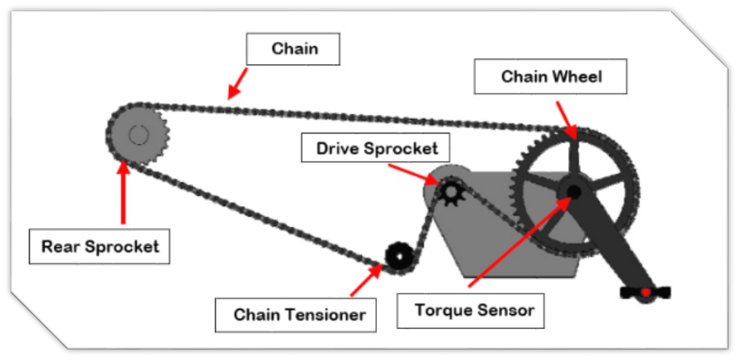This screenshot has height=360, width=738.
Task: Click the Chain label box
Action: (293, 49)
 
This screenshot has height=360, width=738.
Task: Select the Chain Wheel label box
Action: (550, 76)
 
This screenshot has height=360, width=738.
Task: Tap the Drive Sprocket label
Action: (375, 148)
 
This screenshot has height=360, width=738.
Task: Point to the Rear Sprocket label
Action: (99, 246)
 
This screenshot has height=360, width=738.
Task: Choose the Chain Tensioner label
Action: (296, 315)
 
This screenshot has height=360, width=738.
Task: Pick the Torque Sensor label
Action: (470, 311)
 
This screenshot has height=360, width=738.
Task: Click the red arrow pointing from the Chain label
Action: (238, 83)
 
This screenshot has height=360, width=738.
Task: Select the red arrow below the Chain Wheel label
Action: (566, 121)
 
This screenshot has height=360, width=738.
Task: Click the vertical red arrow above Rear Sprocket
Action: (123, 191)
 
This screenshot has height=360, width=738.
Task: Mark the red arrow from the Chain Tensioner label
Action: (367, 280)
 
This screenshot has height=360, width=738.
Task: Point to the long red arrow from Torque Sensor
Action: (519, 241)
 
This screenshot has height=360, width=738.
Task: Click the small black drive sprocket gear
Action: (451, 191)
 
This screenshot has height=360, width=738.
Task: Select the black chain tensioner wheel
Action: (399, 257)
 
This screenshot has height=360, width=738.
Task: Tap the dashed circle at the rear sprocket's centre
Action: (139, 136)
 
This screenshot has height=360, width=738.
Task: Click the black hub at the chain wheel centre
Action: (573, 191)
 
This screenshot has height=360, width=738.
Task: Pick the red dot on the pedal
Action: (646, 292)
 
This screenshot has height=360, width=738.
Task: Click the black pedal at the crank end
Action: (646, 293)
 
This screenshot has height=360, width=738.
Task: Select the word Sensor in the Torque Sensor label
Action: (507, 311)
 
